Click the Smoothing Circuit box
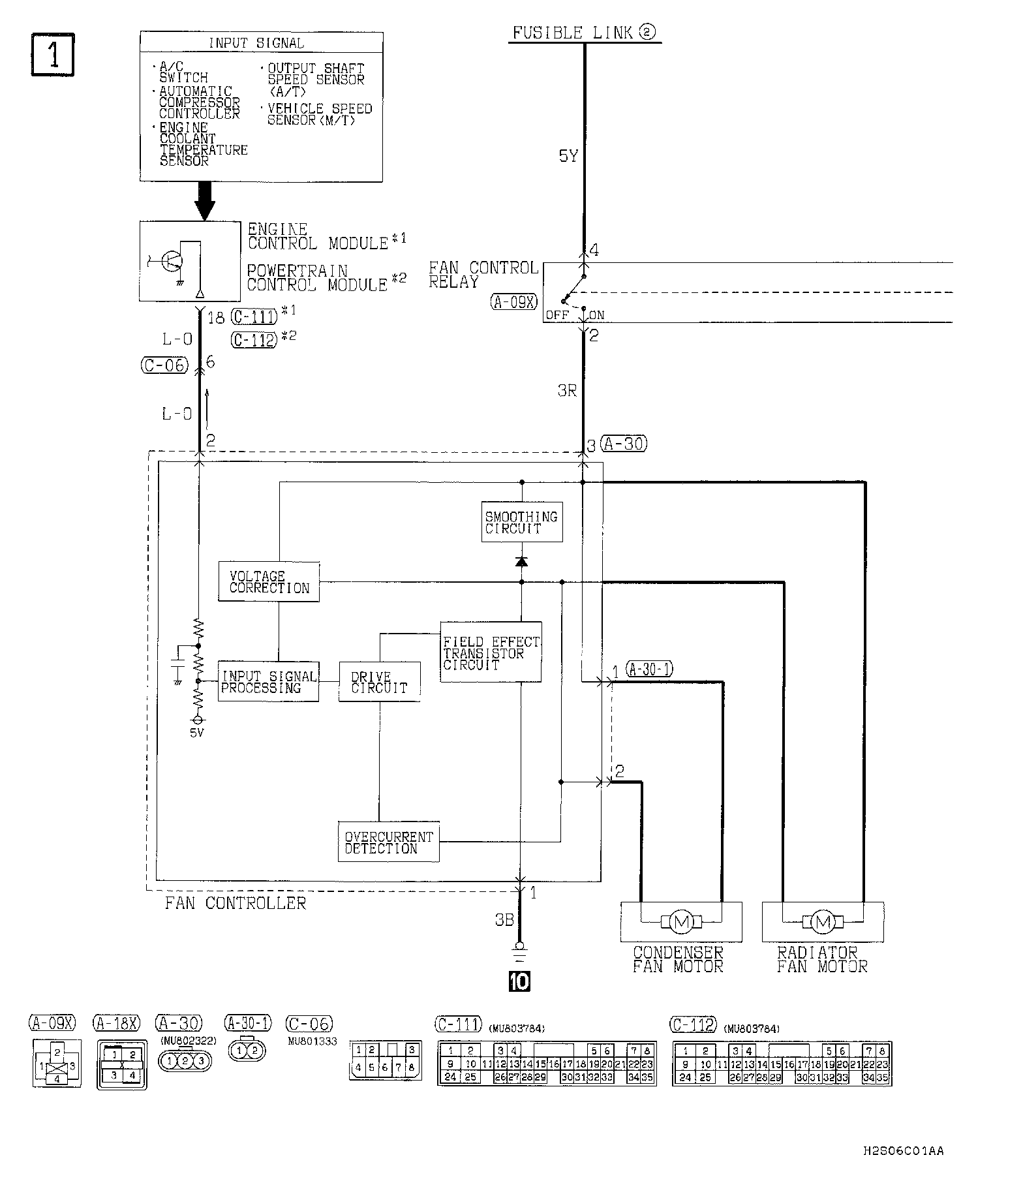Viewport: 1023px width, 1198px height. coord(522,522)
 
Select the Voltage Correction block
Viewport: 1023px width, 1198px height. coord(269,581)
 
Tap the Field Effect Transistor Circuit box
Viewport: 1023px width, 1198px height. coord(491,652)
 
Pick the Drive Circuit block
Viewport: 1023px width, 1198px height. coord(379,683)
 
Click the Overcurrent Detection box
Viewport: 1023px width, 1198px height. coord(389,842)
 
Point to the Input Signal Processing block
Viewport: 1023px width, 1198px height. coord(268,682)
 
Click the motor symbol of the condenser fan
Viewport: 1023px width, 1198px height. coord(680,922)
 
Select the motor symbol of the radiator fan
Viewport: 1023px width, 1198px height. coord(822,922)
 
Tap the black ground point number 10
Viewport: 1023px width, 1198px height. coord(520,981)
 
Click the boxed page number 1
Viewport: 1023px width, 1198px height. coord(53,55)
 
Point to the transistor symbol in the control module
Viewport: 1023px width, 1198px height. coord(170,262)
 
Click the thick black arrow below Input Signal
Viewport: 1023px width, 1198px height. coord(205,200)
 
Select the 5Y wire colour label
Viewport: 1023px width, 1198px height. coord(568,157)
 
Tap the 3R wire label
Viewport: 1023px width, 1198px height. coord(566,392)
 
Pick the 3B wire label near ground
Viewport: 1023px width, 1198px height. coord(504,920)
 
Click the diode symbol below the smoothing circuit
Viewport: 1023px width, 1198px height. coord(521,561)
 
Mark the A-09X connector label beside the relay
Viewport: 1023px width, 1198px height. coord(513,301)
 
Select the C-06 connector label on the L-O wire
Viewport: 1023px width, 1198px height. coord(164,365)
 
